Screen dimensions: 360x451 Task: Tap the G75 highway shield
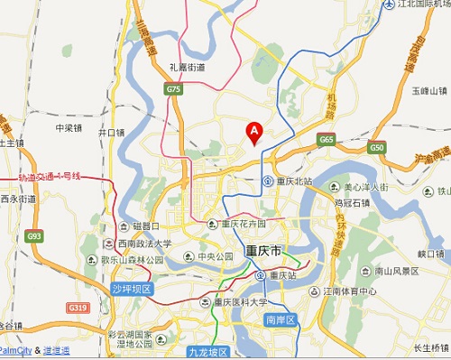coord(173,89)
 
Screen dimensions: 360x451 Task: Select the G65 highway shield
coord(326,140)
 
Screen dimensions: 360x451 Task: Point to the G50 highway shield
coord(376,147)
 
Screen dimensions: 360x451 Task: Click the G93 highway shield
coord(34,236)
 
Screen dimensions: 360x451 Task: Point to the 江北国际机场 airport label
coord(419,5)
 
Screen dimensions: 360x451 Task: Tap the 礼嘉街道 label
coord(188,66)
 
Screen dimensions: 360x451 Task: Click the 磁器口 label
coord(145,226)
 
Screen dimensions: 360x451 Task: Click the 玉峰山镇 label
coord(429,91)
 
